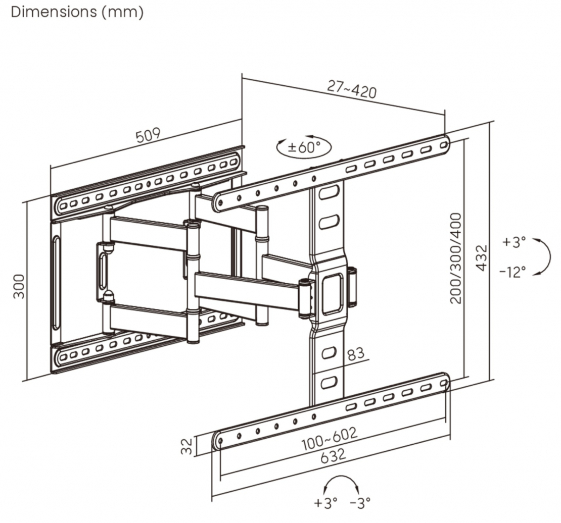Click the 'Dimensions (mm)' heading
pyautogui.click(x=77, y=12)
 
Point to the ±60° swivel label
pyautogui.click(x=304, y=147)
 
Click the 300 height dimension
pyautogui.click(x=19, y=286)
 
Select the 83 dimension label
pyautogui.click(x=356, y=353)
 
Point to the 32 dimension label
pyautogui.click(x=187, y=446)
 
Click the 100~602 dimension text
pyautogui.click(x=330, y=438)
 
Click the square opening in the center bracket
pyautogui.click(x=330, y=286)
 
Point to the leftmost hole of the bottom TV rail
pyautogui.click(x=221, y=440)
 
